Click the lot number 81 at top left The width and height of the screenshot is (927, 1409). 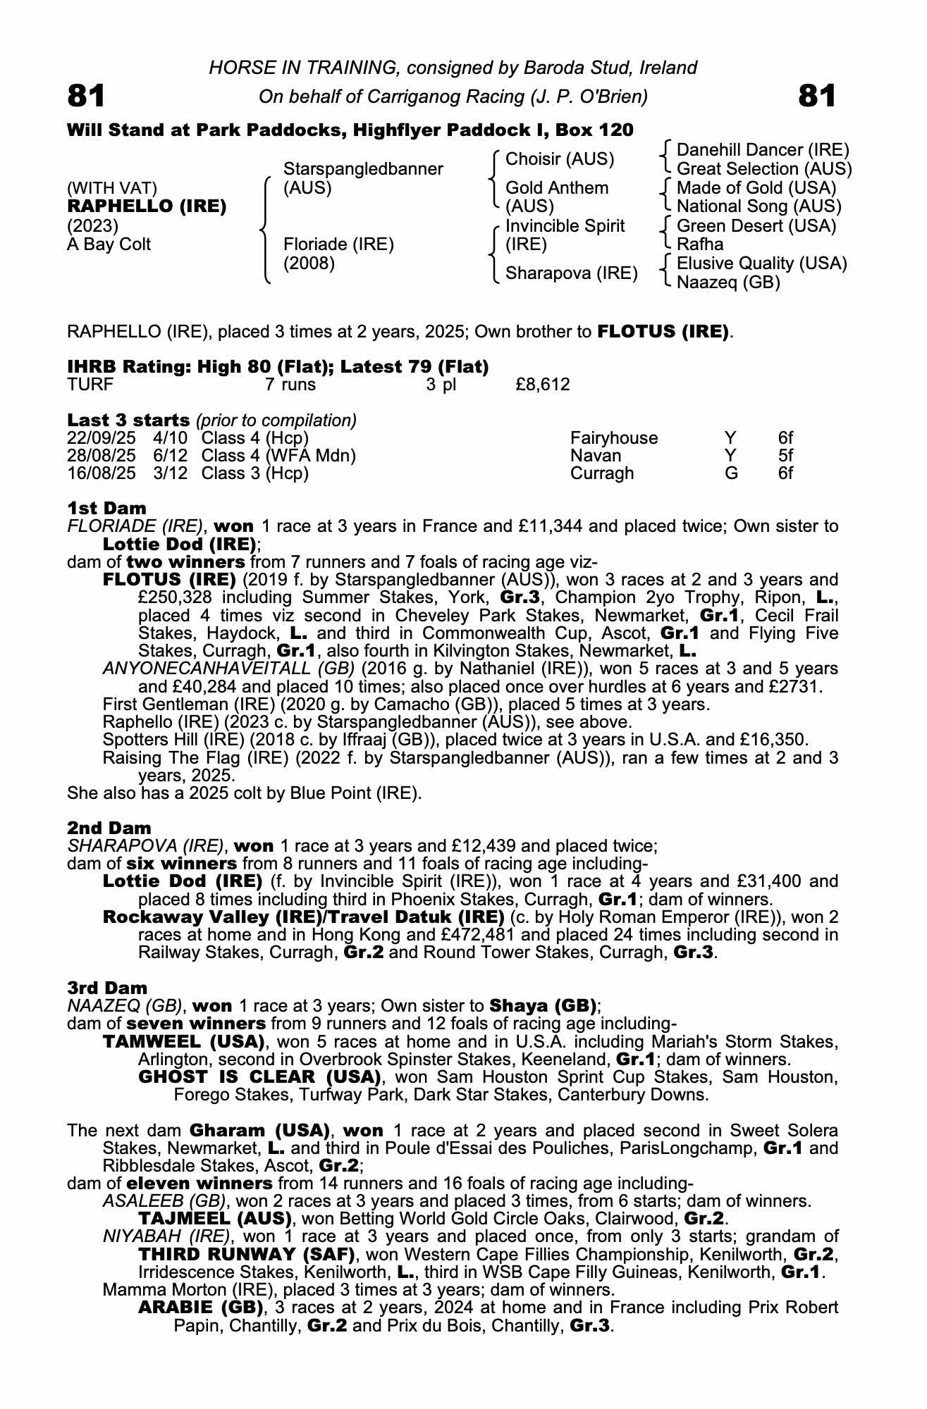tap(86, 96)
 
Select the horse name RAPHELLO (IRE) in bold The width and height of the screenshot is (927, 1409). tap(147, 206)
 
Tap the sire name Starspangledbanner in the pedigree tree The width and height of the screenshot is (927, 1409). tap(363, 169)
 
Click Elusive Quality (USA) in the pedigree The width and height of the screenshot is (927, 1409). tap(761, 263)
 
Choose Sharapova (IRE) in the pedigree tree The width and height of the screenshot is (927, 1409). tap(571, 273)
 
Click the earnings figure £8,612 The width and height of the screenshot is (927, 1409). tap(543, 385)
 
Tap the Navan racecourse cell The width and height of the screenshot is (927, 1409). tap(596, 456)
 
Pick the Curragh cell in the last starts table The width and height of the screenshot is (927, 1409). tap(601, 473)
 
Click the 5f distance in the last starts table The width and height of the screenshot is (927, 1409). tap(785, 456)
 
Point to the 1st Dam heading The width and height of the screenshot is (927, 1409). tap(106, 508)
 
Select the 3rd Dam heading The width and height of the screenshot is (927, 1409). tap(107, 988)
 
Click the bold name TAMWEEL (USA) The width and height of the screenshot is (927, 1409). tap(184, 1042)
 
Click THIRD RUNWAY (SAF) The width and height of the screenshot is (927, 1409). tap(247, 1255)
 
